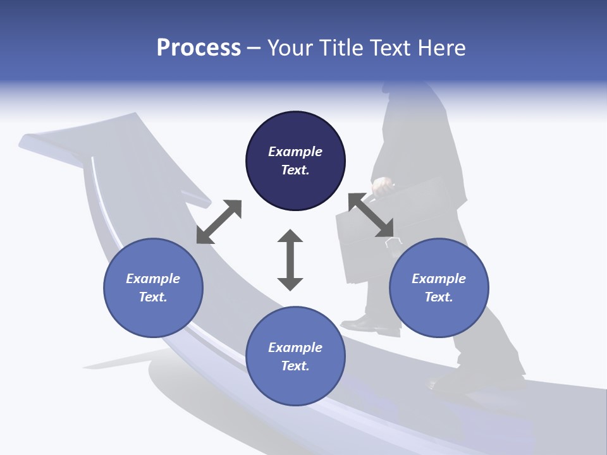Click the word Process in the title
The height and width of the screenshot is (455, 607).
[199, 48]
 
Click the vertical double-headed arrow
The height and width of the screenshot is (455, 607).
[290, 260]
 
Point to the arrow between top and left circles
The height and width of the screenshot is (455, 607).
[219, 222]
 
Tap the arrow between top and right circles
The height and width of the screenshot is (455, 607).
[371, 215]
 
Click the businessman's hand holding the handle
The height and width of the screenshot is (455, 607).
[382, 186]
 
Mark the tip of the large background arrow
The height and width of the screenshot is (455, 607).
[25, 140]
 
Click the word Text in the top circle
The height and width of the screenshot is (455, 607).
[295, 170]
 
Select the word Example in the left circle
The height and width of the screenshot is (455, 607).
[153, 279]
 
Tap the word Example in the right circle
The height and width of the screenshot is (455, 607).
[439, 279]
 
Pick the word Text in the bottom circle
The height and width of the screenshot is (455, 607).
[295, 366]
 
